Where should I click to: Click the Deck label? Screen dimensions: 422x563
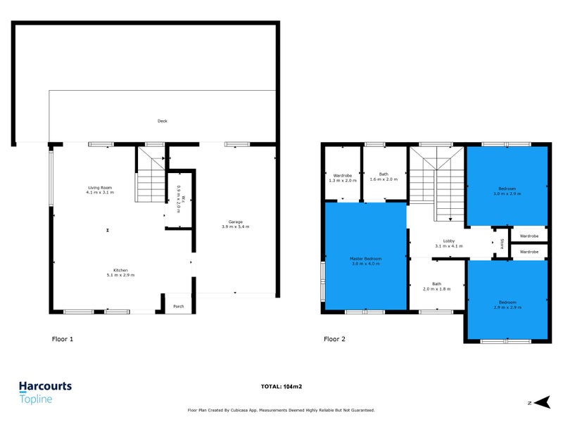(x=163, y=122)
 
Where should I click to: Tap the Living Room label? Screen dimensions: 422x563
(x=100, y=189)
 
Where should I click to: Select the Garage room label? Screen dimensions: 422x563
(x=235, y=224)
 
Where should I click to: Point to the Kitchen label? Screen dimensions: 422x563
(x=121, y=271)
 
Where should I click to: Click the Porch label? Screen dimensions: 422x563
(x=178, y=307)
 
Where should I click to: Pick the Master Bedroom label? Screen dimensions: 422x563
(x=365, y=261)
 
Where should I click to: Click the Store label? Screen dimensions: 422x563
(x=502, y=244)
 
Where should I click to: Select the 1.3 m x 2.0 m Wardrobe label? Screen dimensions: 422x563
(x=342, y=177)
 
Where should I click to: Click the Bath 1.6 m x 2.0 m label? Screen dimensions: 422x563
(x=384, y=177)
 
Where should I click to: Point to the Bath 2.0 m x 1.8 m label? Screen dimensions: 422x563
(x=436, y=286)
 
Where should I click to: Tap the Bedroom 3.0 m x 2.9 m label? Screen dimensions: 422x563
(x=507, y=191)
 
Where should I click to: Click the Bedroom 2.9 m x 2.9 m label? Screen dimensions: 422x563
(x=507, y=305)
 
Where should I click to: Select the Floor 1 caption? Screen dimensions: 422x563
(x=63, y=339)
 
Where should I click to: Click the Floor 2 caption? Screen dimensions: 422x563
(x=334, y=339)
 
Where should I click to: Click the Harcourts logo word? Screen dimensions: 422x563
(x=45, y=386)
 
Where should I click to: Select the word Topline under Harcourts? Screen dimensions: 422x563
(x=36, y=399)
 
